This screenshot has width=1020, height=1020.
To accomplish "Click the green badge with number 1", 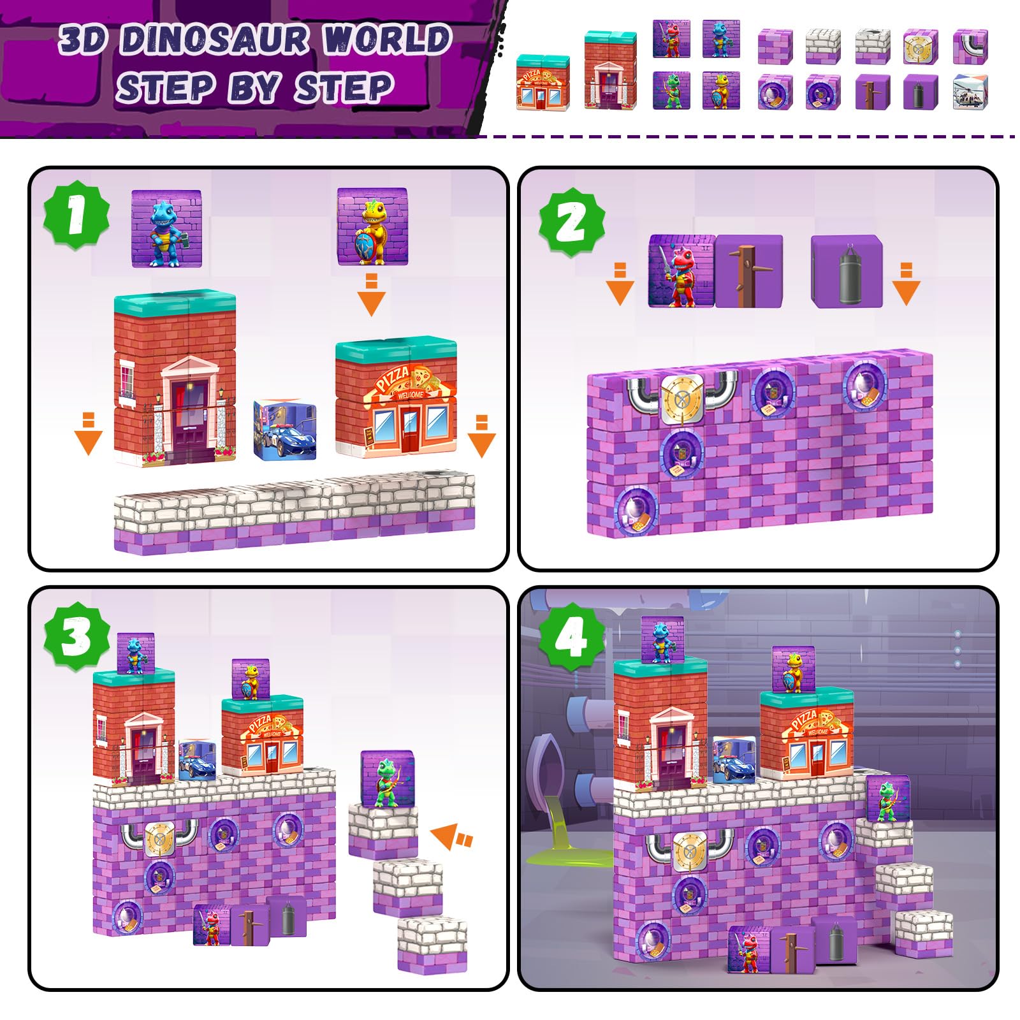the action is pos(76,215).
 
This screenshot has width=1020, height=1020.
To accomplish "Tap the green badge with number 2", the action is pos(572,222).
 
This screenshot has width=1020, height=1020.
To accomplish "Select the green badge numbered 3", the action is pos(76,637).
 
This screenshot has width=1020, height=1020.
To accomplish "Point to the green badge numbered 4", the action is pos(572,637).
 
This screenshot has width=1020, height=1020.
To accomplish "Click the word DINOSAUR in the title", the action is pos(215,40).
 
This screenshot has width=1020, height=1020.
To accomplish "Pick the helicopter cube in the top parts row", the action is pos(970,92).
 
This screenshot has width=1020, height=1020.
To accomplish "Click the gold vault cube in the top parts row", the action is pos(921,47).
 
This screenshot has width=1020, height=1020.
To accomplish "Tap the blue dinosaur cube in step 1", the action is pos(166,228).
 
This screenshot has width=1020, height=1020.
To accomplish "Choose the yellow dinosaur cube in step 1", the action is pos(372,226).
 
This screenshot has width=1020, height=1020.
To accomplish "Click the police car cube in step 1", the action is pos(284,430).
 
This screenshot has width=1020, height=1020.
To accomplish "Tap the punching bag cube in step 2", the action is pos(847,270).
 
